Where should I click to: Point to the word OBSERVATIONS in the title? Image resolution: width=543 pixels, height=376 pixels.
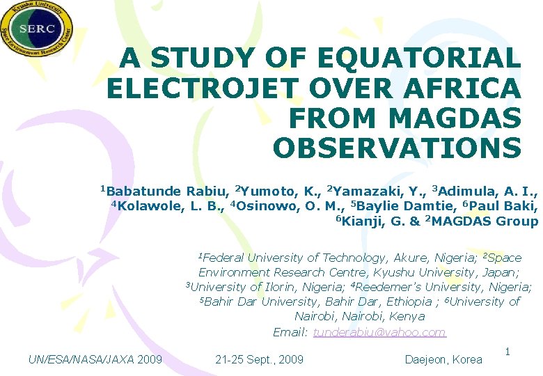tap(397, 148)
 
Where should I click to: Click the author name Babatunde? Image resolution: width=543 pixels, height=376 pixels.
tap(144, 191)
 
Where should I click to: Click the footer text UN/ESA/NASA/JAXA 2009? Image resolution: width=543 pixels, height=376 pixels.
tap(95, 360)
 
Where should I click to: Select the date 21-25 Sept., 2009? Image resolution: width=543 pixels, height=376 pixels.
tap(260, 360)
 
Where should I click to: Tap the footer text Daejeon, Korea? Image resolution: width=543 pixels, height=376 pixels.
tap(443, 360)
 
